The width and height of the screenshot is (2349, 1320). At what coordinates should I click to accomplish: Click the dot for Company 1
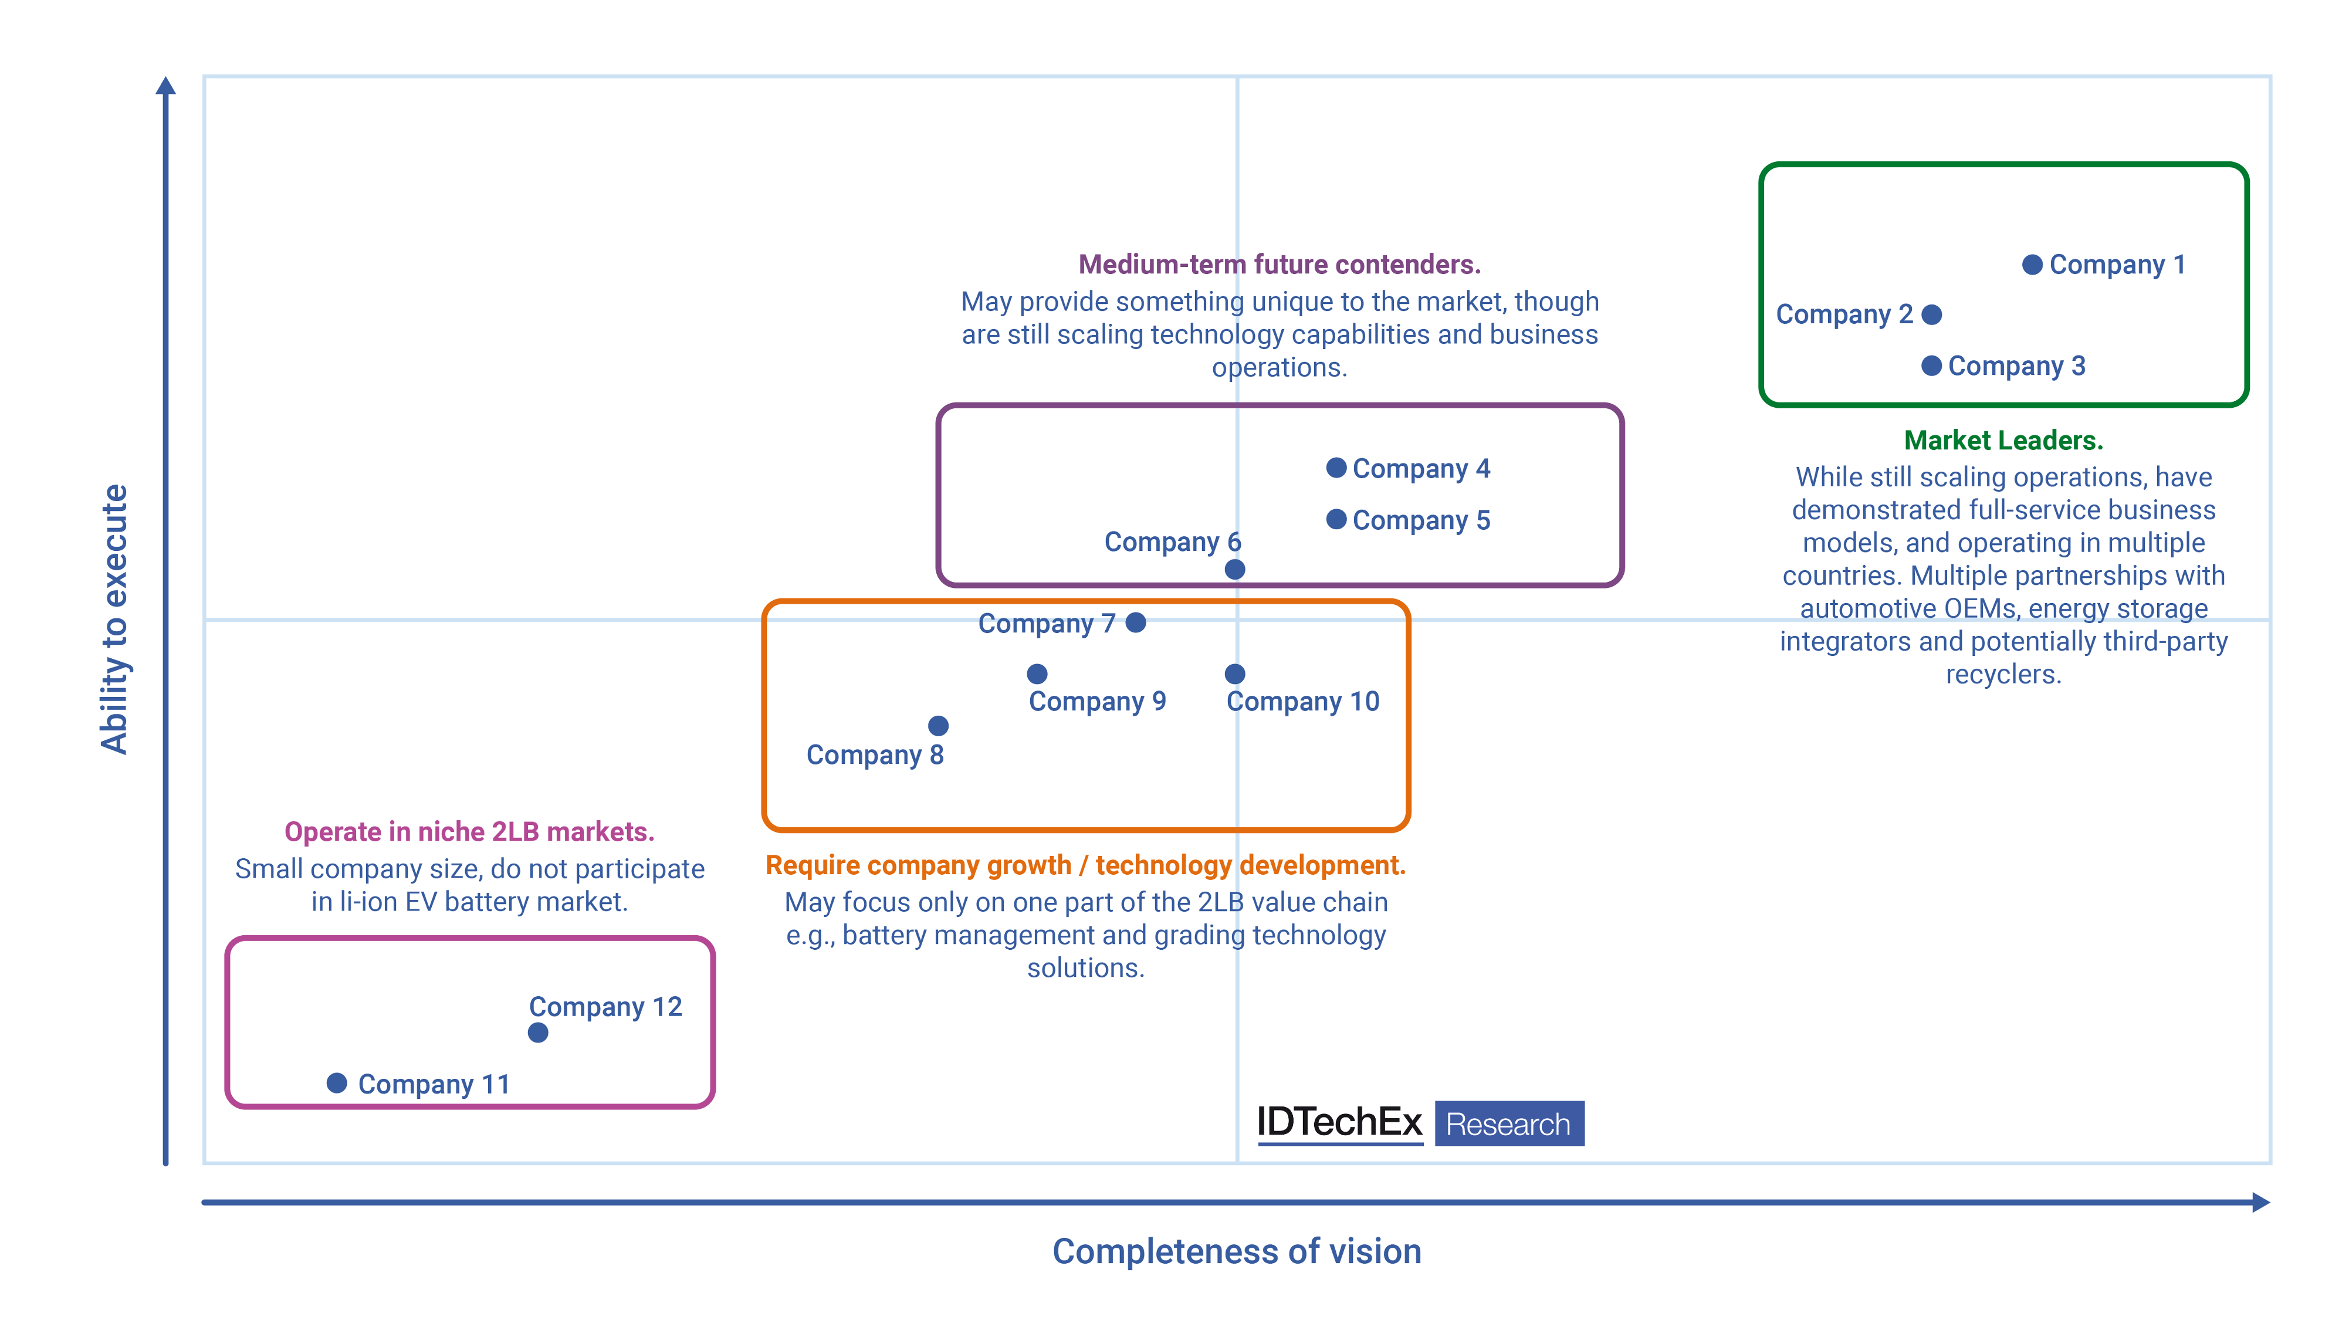point(2032,265)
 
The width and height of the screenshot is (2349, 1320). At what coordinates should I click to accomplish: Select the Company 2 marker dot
point(1931,314)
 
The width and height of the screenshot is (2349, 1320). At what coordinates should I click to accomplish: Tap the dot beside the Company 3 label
point(1931,365)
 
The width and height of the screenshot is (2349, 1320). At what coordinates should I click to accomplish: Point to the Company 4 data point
point(1336,468)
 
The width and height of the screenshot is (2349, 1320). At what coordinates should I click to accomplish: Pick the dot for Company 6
point(1235,570)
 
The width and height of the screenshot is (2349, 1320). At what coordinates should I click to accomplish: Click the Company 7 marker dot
point(1135,622)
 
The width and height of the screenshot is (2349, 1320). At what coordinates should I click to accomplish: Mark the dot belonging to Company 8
point(938,726)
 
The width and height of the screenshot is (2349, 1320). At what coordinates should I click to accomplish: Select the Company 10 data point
point(1235,673)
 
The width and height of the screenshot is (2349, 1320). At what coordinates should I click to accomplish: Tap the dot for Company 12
point(538,1033)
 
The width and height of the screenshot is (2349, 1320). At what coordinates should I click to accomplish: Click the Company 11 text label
point(433,1084)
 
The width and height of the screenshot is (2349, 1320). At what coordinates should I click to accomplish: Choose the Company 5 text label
point(1421,520)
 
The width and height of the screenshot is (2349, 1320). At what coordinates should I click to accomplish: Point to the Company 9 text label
point(1097,701)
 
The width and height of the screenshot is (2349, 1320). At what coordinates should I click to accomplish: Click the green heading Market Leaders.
point(2003,441)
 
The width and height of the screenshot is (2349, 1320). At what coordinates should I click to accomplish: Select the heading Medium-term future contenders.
point(1280,265)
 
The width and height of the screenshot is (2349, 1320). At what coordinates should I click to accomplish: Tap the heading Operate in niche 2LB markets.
point(469,831)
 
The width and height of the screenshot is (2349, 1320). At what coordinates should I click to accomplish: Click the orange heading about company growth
point(1085,865)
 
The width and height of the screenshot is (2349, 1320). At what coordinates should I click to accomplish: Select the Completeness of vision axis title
point(1237,1251)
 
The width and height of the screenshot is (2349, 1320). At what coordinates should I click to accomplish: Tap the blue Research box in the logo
point(1509,1123)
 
